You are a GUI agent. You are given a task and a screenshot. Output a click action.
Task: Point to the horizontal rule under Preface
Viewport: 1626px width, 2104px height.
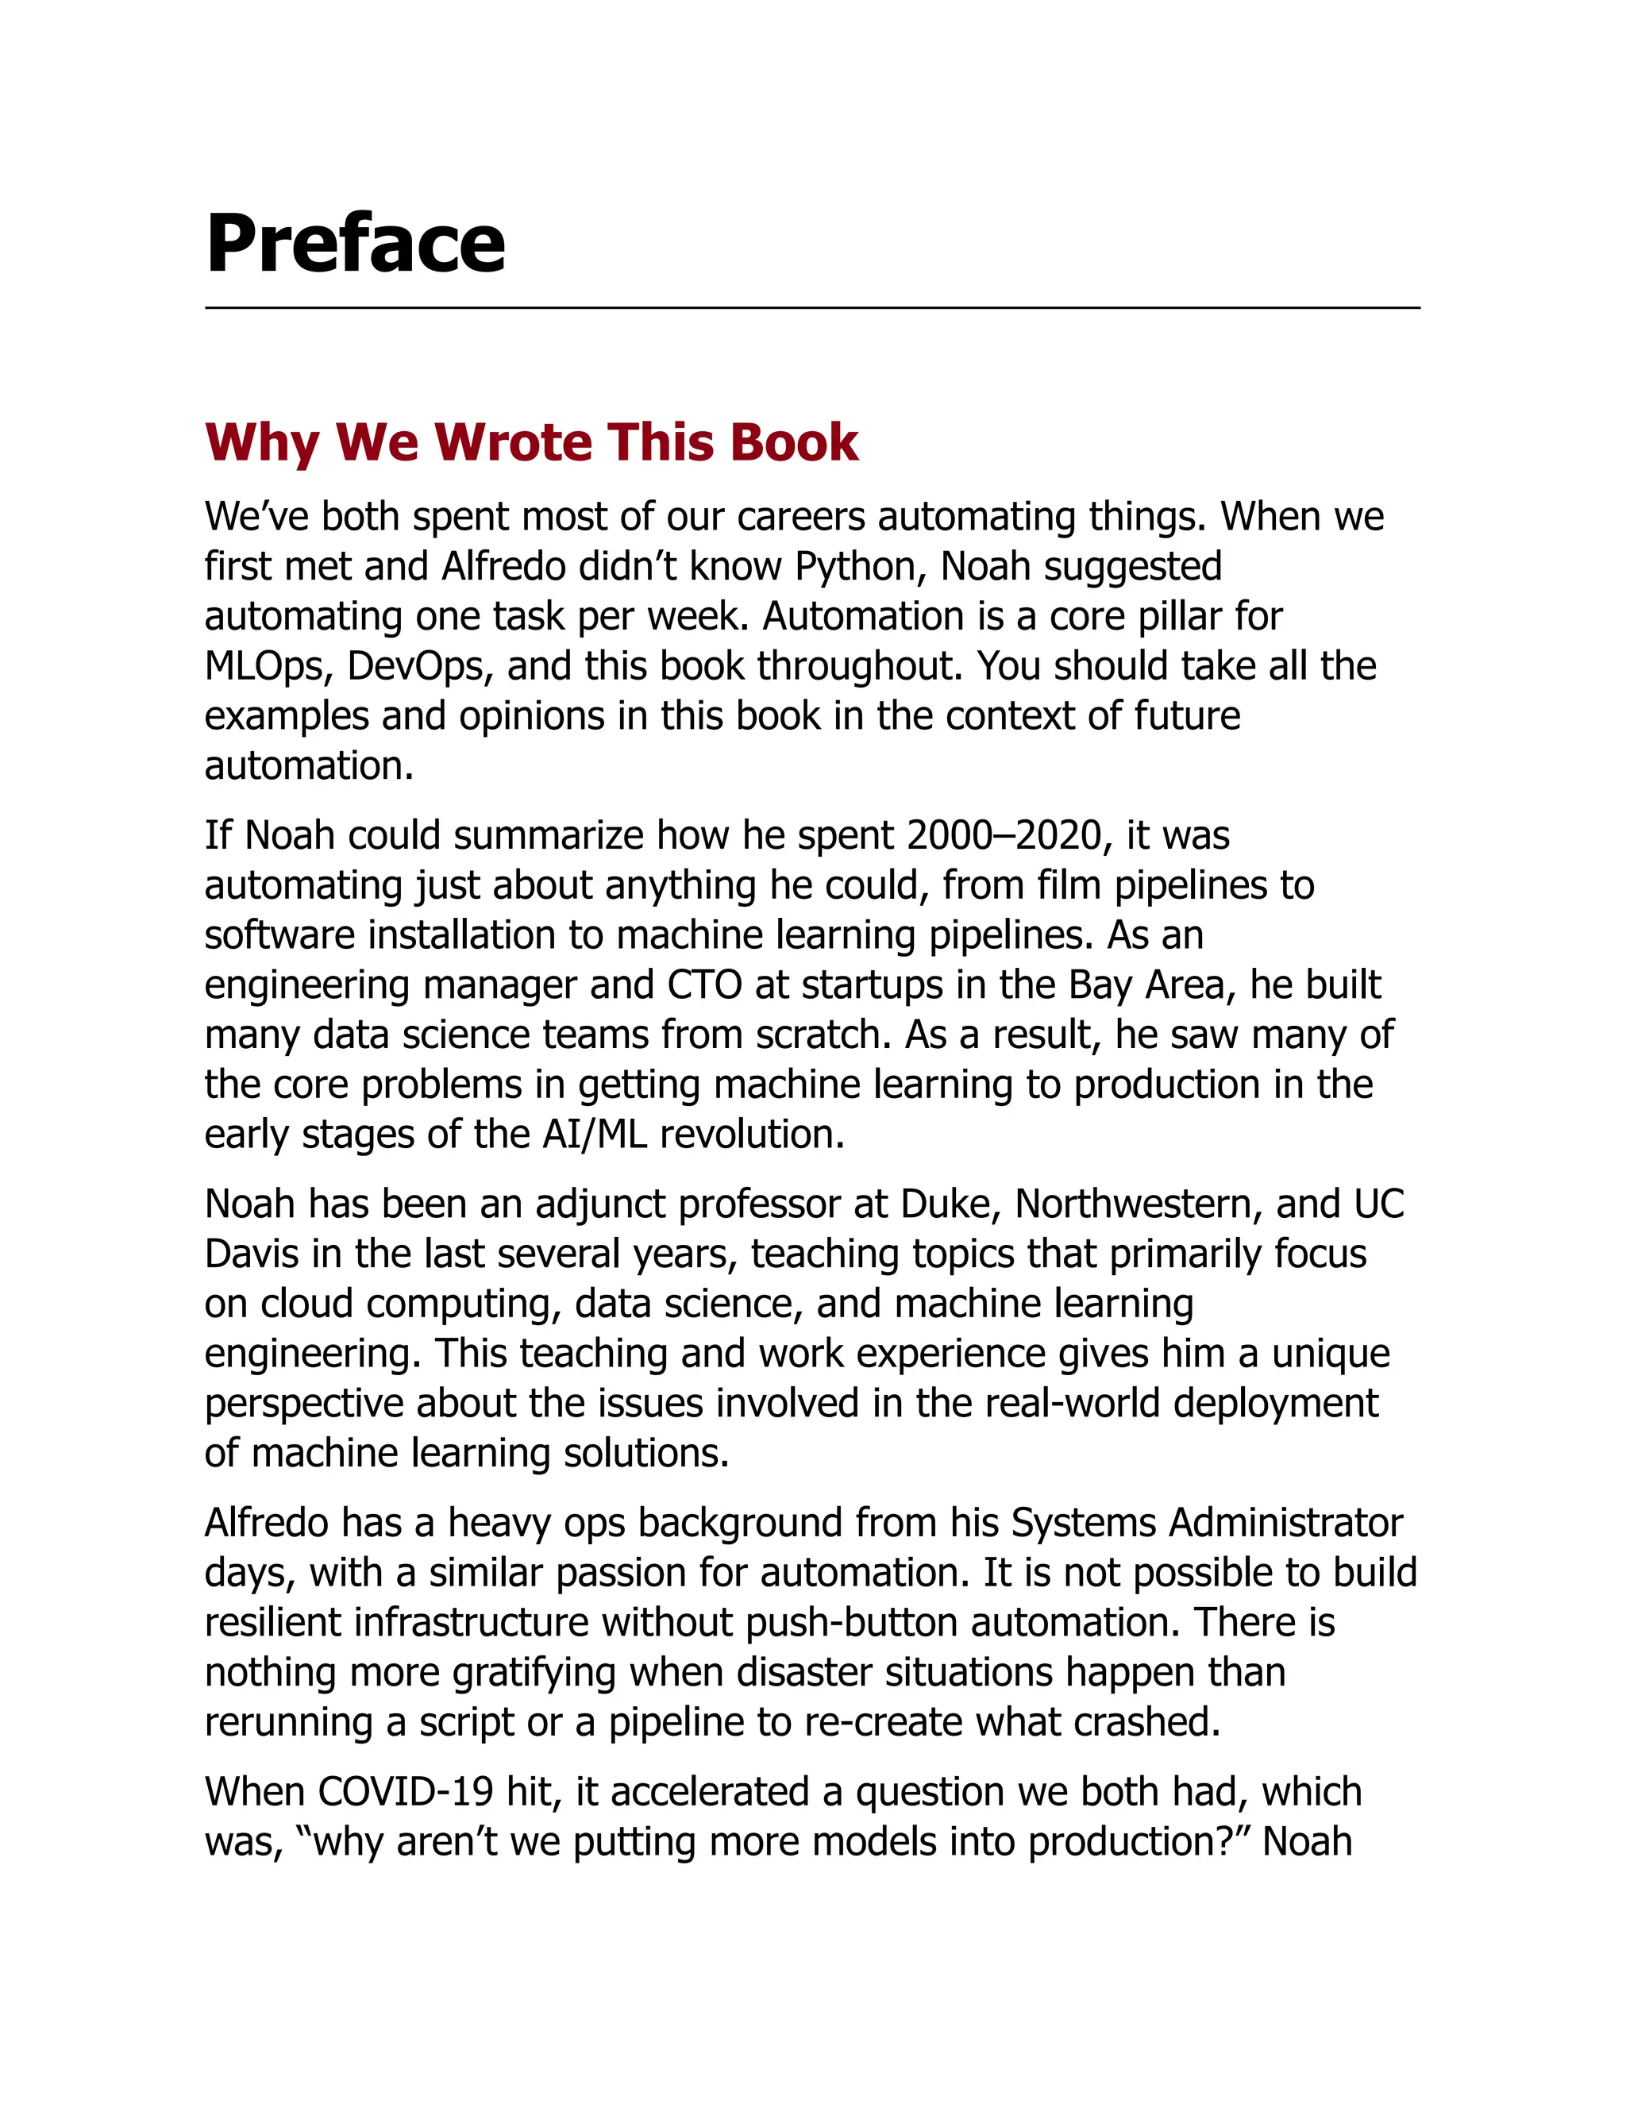[x=812, y=308]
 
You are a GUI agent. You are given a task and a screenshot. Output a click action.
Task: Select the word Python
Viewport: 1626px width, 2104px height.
[x=859, y=566]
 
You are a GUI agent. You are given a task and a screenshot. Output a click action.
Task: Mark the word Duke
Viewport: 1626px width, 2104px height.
[x=949, y=1204]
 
